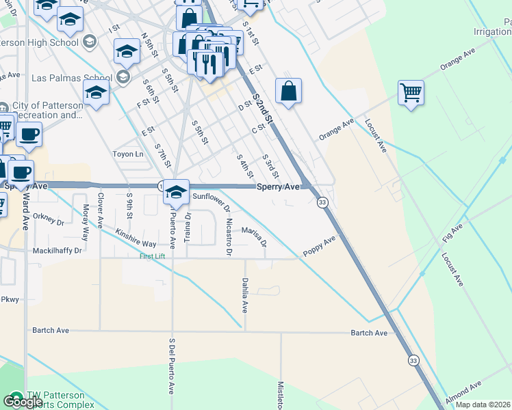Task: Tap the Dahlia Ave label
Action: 244,295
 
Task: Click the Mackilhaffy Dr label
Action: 57,251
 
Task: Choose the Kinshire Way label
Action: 136,238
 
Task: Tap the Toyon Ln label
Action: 128,154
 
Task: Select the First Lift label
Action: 153,256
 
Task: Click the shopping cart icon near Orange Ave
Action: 411,92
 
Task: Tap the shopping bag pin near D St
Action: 289,92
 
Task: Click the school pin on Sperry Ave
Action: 176,192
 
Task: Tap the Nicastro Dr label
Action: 228,237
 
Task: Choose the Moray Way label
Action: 86,222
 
